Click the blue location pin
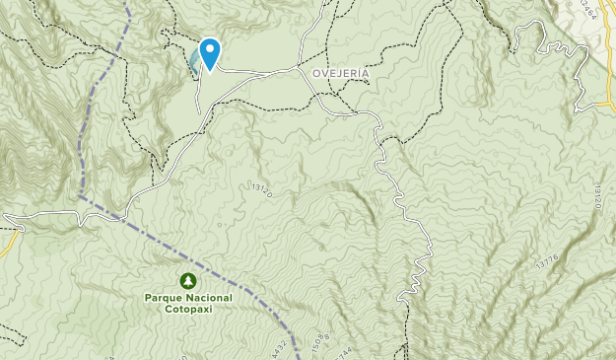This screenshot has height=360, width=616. [x=209, y=51]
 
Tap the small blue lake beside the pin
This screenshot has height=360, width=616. [x=194, y=64]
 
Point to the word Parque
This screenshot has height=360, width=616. [x=164, y=297]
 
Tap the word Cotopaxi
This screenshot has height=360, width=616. [x=187, y=308]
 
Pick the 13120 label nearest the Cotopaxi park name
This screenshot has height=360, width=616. [x=261, y=186]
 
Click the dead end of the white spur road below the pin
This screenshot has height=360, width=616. [x=200, y=111]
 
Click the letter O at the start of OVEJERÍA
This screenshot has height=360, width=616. [x=315, y=73]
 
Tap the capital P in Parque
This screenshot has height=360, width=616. [x=148, y=297]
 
